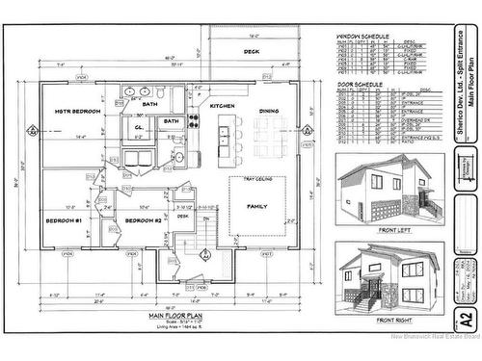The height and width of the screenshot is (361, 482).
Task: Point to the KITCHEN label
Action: pos(223,105)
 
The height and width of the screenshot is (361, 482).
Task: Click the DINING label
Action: pos(269,111)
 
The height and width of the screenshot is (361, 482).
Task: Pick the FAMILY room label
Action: pos(258,207)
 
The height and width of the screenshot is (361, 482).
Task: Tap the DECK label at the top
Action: pos(252,52)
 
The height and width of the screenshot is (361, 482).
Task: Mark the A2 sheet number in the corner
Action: pos(466,319)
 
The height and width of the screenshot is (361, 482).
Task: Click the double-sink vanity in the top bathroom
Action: pos(137,94)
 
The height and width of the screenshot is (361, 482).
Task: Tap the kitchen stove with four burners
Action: pos(192,122)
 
